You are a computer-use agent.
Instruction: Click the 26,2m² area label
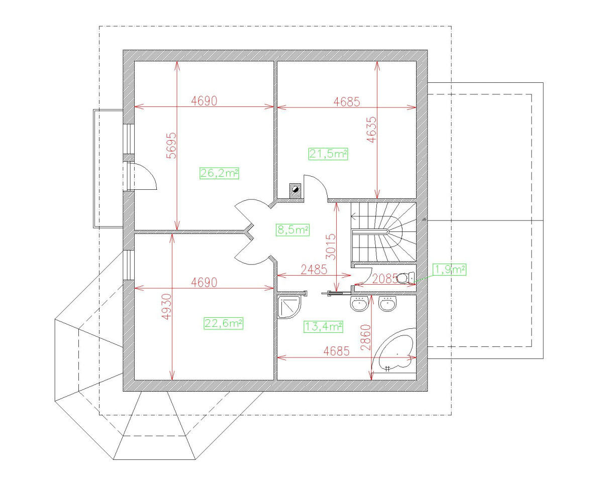tap(219, 174)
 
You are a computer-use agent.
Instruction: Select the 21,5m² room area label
tap(329, 154)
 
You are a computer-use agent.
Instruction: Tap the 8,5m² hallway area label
tap(292, 230)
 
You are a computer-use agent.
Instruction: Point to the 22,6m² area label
tap(224, 323)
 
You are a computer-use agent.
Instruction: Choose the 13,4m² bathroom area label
tap(324, 327)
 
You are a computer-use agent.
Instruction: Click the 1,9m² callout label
tap(449, 270)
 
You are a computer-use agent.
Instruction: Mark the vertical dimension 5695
tap(171, 146)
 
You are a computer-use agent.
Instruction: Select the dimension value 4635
tap(371, 131)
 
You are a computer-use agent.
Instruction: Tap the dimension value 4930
tap(167, 307)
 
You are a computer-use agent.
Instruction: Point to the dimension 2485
tap(312, 270)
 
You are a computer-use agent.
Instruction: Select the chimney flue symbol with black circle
tap(295, 189)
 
